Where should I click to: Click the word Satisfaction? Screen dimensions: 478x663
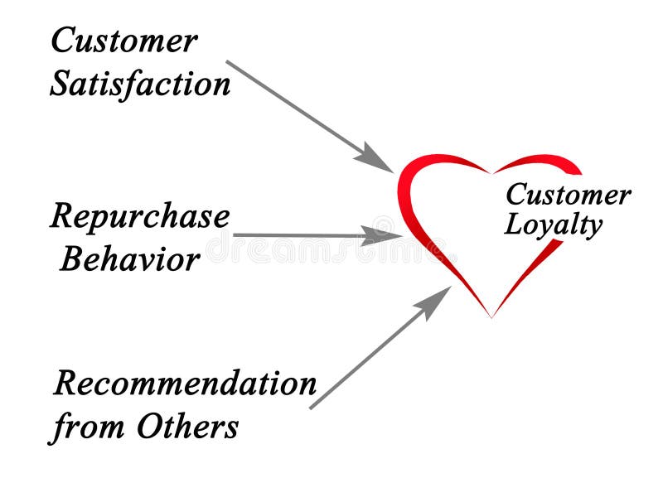(x=140, y=84)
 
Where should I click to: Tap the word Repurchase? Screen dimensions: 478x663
(x=140, y=217)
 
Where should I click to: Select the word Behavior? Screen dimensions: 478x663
(x=130, y=259)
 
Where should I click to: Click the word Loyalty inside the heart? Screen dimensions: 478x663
(x=553, y=225)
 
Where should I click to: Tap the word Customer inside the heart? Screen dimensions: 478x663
(x=568, y=196)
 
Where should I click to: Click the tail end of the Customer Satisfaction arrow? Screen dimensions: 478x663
(x=228, y=61)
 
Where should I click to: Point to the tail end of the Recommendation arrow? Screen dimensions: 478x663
(x=311, y=408)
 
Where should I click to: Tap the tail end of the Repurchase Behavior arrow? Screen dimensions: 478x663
(x=235, y=235)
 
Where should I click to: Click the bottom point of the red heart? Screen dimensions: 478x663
(x=491, y=316)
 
